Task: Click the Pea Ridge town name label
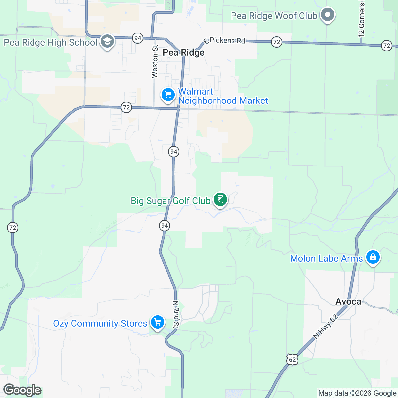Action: (x=183, y=53)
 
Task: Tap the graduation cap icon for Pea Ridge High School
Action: (x=107, y=42)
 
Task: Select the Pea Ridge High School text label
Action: (x=50, y=43)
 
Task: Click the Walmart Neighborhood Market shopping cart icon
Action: (x=168, y=95)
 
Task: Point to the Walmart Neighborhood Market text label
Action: (x=223, y=96)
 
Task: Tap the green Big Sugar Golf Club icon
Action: (x=220, y=200)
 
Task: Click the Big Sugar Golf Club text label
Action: (x=170, y=201)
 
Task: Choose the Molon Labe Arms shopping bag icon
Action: (x=373, y=257)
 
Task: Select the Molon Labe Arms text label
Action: (x=326, y=259)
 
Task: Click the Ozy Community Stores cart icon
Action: (x=157, y=322)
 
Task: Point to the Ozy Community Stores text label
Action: (x=100, y=324)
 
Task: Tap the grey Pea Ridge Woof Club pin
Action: (x=328, y=15)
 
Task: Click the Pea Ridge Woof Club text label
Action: (x=274, y=16)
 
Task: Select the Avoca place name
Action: (x=348, y=301)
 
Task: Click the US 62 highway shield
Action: (x=292, y=360)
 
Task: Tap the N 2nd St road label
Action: (x=176, y=315)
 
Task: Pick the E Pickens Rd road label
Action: (x=225, y=41)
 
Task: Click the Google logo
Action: (x=23, y=390)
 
